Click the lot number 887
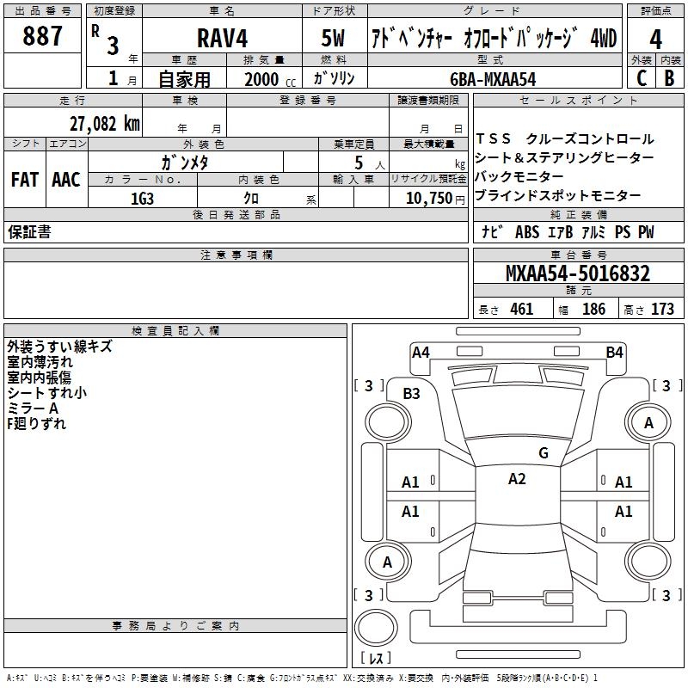pos(42,35)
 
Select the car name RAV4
pos(222,38)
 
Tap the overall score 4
pos(655,40)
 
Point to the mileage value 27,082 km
pos(104,123)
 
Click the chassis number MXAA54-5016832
pos(578,273)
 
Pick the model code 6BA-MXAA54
pos(493,79)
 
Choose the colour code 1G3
pos(142,199)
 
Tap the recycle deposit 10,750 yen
pos(435,199)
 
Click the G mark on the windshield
pos(544,452)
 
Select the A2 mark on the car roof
pos(517,479)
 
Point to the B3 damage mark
pos(411,394)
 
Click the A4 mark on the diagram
pos(421,353)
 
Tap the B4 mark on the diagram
pos(614,353)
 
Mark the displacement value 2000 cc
pos(270,79)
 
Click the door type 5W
pos(333,38)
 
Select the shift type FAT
pos(25,180)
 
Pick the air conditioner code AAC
pos(66,180)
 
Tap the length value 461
pos(522,309)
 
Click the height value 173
pos(662,309)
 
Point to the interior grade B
pos(669,78)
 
